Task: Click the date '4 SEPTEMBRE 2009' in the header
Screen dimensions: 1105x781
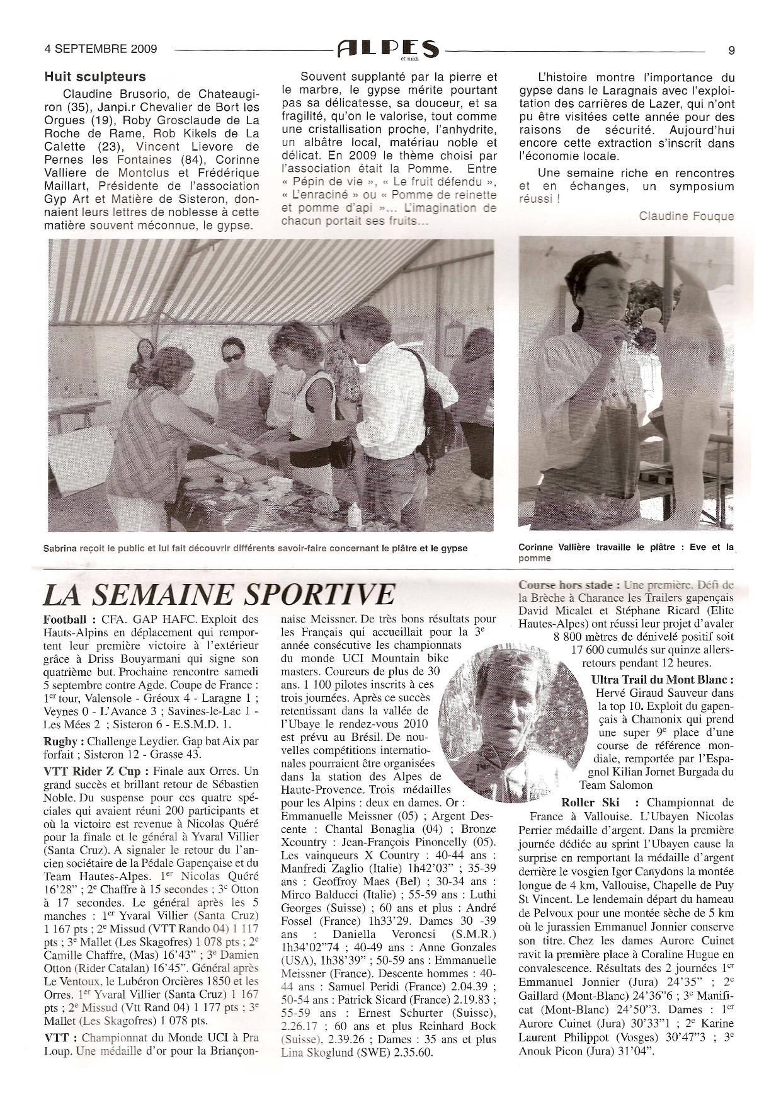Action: pos(101,49)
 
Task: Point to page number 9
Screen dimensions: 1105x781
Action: pos(731,50)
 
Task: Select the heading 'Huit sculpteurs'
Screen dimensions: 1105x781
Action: pos(95,77)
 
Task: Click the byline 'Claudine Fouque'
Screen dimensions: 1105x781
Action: pos(687,216)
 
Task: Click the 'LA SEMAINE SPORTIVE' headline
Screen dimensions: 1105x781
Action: pos(219,595)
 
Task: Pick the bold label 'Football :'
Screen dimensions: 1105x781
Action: pos(70,619)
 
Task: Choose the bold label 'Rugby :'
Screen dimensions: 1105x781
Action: pos(65,741)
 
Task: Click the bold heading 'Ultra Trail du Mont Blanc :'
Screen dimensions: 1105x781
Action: pos(663,680)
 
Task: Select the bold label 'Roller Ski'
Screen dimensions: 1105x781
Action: pos(590,803)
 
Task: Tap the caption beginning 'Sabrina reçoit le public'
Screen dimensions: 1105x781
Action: pos(255,548)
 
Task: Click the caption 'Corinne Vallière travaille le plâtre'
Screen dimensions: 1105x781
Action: pos(626,548)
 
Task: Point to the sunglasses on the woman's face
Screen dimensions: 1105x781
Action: pos(232,357)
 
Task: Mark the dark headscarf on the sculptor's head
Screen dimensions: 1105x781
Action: pos(592,265)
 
